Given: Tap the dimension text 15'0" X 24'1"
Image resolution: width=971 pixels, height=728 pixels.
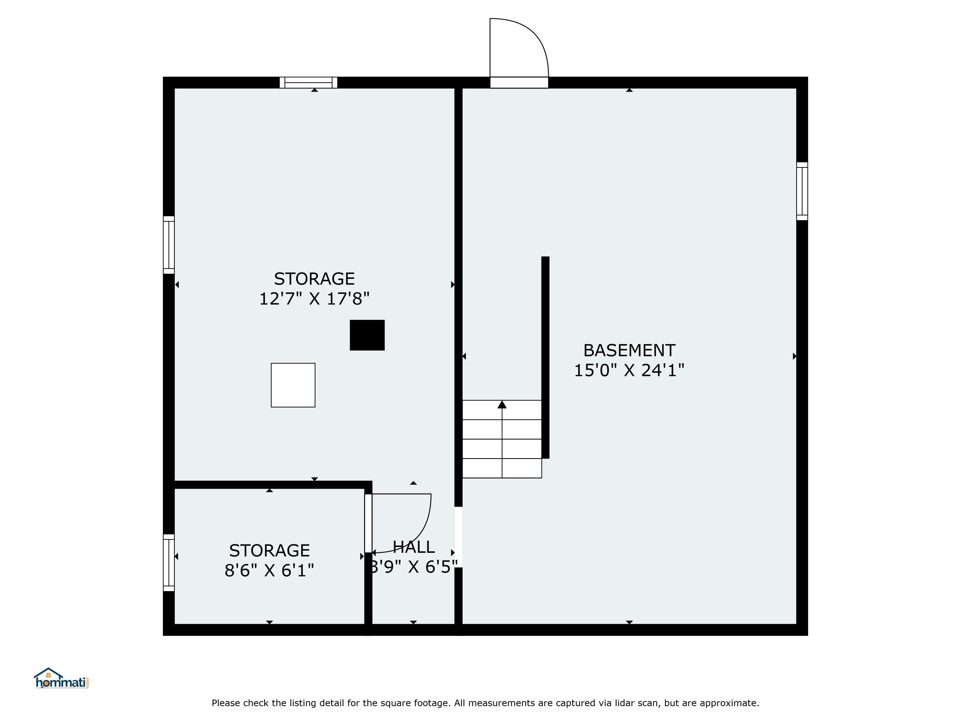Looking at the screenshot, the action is tap(629, 370).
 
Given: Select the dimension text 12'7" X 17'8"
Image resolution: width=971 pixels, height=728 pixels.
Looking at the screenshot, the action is tap(314, 299).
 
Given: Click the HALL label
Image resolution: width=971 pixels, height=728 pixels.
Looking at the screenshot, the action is tap(414, 547).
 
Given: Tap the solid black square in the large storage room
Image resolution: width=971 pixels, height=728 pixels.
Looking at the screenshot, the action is tap(367, 335).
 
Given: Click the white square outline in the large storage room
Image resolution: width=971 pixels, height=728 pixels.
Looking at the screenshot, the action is tap(293, 385).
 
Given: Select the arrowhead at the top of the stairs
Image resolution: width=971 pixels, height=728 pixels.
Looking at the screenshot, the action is tap(502, 404).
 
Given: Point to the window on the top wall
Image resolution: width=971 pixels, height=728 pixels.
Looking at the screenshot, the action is tap(308, 83).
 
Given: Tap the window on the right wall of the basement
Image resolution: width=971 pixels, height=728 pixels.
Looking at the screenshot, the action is tap(802, 191).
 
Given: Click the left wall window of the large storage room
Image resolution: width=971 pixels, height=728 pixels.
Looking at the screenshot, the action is tap(169, 245).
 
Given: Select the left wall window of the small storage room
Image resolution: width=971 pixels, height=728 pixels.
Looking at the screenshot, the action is tap(169, 563).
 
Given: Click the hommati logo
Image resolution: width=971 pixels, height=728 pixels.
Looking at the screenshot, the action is tap(62, 678).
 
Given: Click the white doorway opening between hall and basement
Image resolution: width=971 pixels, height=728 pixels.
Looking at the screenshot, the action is tap(458, 537).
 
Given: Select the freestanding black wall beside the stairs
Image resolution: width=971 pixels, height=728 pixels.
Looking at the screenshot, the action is tap(545, 357).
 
